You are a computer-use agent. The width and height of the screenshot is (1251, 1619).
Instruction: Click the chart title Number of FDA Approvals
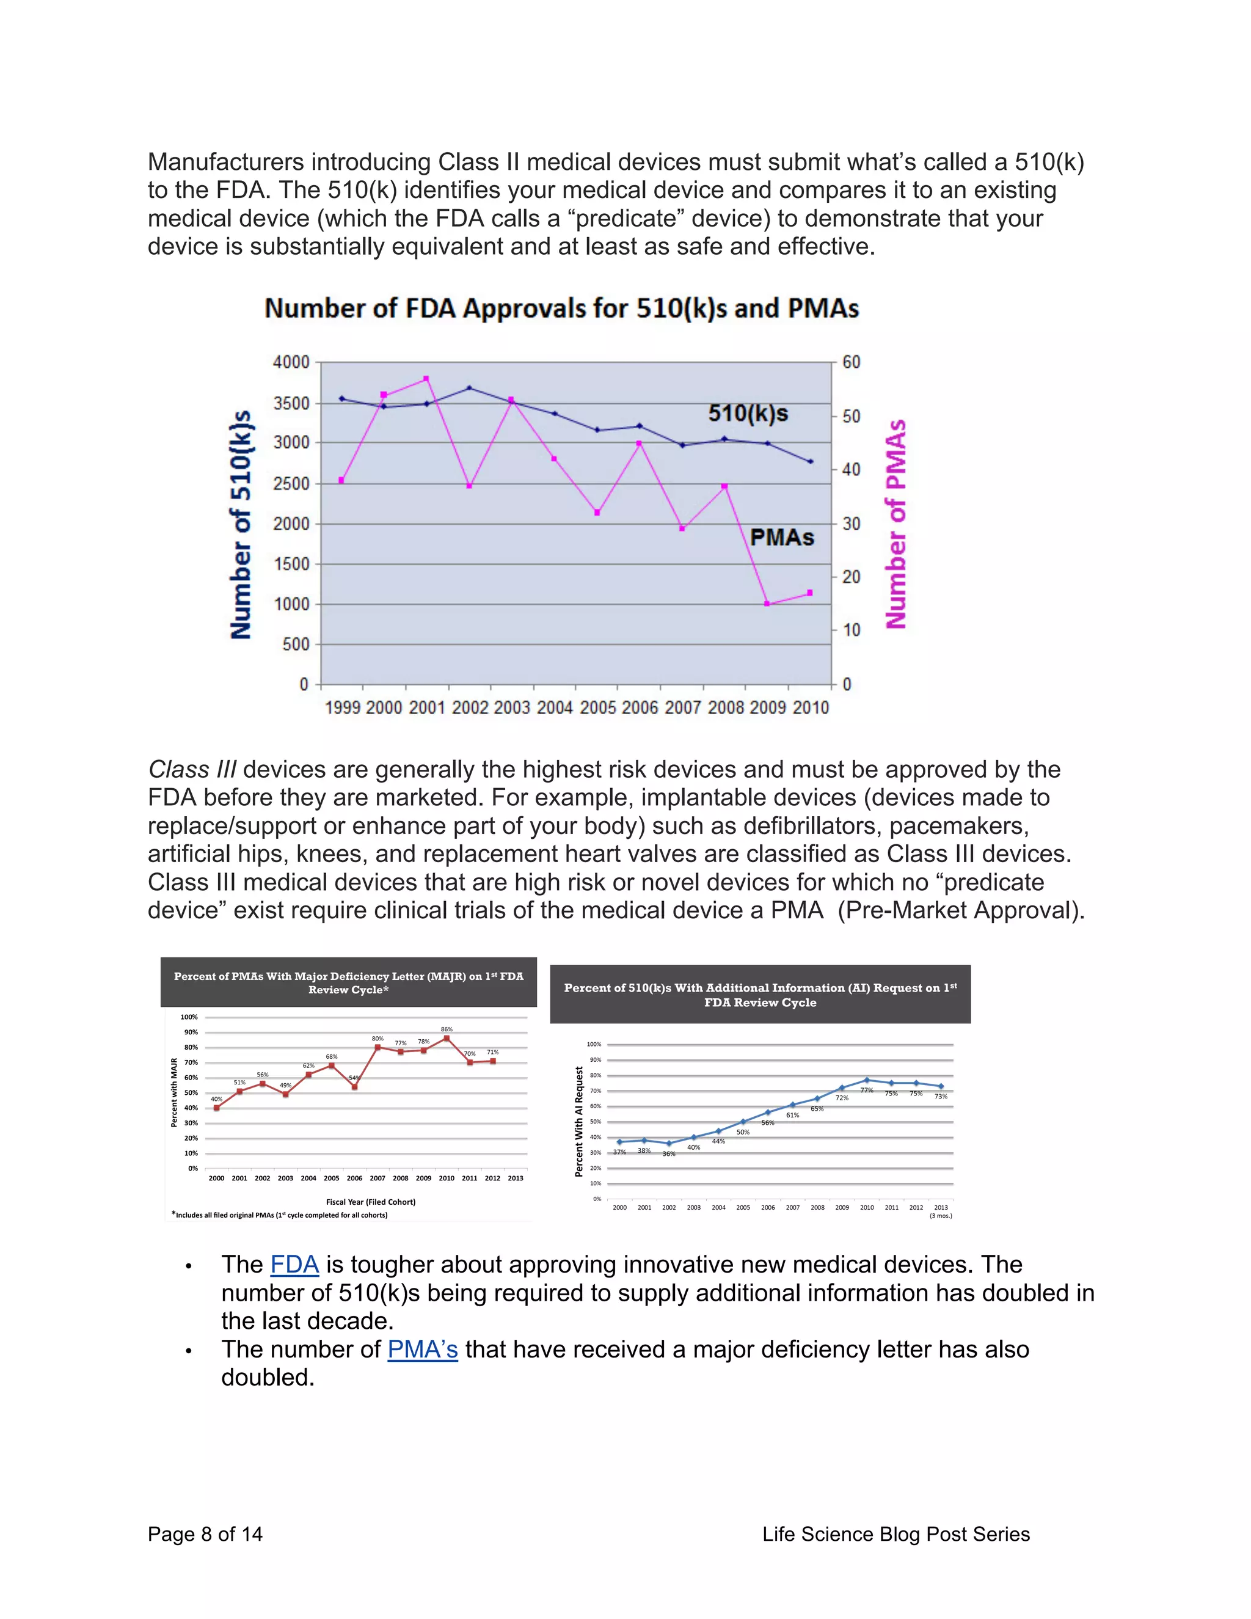tap(561, 309)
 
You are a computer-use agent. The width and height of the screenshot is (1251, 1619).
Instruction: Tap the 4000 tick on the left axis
tap(291, 362)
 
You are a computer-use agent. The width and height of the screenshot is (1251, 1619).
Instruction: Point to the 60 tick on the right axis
tap(852, 362)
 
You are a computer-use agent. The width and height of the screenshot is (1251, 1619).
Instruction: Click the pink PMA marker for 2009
tap(767, 604)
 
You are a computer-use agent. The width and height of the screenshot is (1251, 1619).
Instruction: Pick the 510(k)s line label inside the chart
tap(748, 413)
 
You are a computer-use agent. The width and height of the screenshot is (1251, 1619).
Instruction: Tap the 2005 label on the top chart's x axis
tap(597, 708)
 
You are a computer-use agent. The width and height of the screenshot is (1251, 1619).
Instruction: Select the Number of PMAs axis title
tap(896, 524)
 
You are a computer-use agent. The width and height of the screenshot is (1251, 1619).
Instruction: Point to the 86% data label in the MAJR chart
tap(446, 1029)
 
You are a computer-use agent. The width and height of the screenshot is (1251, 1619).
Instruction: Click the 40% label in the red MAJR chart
tap(216, 1099)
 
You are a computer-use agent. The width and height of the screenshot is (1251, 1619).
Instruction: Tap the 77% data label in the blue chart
tap(866, 1091)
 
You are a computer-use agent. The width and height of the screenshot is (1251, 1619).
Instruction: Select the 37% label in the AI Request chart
tap(619, 1152)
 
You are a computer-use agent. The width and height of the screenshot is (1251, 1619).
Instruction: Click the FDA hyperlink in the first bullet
tap(294, 1265)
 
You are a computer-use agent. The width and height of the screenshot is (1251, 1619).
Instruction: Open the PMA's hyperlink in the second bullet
tap(423, 1349)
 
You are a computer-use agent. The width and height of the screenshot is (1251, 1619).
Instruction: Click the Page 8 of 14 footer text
tap(205, 1533)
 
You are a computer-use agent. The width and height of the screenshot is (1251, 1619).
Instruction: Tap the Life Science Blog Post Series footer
tap(896, 1533)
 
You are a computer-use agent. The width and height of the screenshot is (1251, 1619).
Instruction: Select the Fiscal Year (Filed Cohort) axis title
tap(371, 1202)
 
